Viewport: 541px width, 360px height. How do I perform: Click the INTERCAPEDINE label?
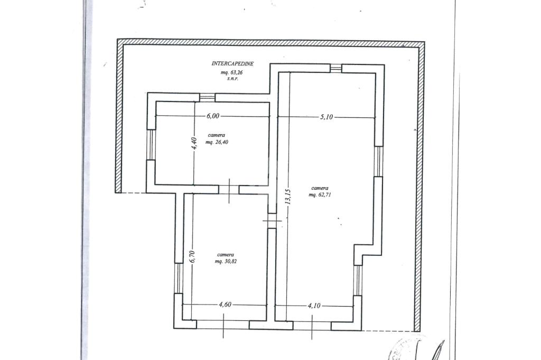pyautogui.click(x=232, y=64)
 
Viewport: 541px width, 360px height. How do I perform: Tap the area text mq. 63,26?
pyautogui.click(x=232, y=72)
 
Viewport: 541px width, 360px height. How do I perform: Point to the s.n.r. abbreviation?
pyautogui.click(x=233, y=79)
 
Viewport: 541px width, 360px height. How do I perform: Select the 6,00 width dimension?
pyautogui.click(x=213, y=116)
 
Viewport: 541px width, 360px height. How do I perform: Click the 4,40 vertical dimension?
pyautogui.click(x=194, y=143)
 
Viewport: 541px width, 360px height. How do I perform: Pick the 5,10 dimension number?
pyautogui.click(x=327, y=117)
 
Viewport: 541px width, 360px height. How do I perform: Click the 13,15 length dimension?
pyautogui.click(x=288, y=197)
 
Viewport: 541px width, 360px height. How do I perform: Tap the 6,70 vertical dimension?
pyautogui.click(x=193, y=256)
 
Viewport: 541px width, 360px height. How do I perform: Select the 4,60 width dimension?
pyautogui.click(x=225, y=305)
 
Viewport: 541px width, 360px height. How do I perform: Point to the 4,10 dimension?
pyautogui.click(x=314, y=306)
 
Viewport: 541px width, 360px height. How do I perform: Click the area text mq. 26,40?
pyautogui.click(x=217, y=142)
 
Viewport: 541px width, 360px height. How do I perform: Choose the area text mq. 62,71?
pyautogui.click(x=320, y=195)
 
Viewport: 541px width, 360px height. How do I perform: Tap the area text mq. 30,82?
pyautogui.click(x=226, y=262)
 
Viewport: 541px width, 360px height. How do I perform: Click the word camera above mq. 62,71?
pyautogui.click(x=320, y=188)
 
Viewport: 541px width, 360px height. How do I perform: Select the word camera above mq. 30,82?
pyautogui.click(x=226, y=255)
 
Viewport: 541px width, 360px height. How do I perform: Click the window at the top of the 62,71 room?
pyautogui.click(x=335, y=68)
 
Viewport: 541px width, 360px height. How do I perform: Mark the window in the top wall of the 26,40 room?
pyautogui.click(x=207, y=97)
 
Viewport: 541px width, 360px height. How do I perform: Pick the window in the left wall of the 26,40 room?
pyautogui.click(x=151, y=145)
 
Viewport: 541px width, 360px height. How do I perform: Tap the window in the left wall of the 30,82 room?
pyautogui.click(x=179, y=278)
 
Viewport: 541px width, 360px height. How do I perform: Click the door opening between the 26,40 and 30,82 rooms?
pyautogui.click(x=229, y=189)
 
